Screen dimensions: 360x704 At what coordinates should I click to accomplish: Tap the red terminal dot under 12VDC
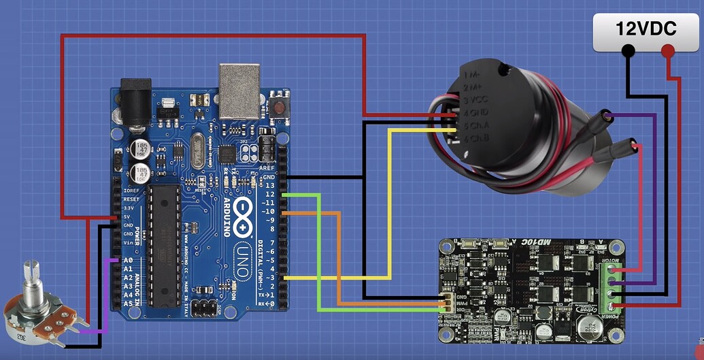pyautogui.click(x=668, y=50)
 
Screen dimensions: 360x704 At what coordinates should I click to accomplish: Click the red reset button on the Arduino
pyautogui.click(x=278, y=106)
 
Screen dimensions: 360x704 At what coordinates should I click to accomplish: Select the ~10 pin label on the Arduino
pyautogui.click(x=269, y=212)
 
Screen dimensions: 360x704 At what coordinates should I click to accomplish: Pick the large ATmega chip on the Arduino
pyautogui.click(x=165, y=245)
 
